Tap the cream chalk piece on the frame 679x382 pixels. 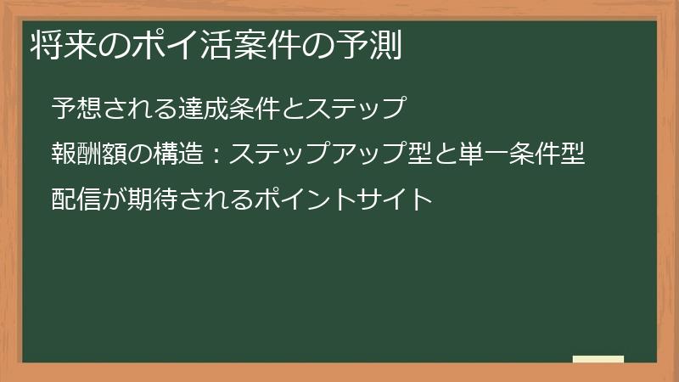pos(598,360)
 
